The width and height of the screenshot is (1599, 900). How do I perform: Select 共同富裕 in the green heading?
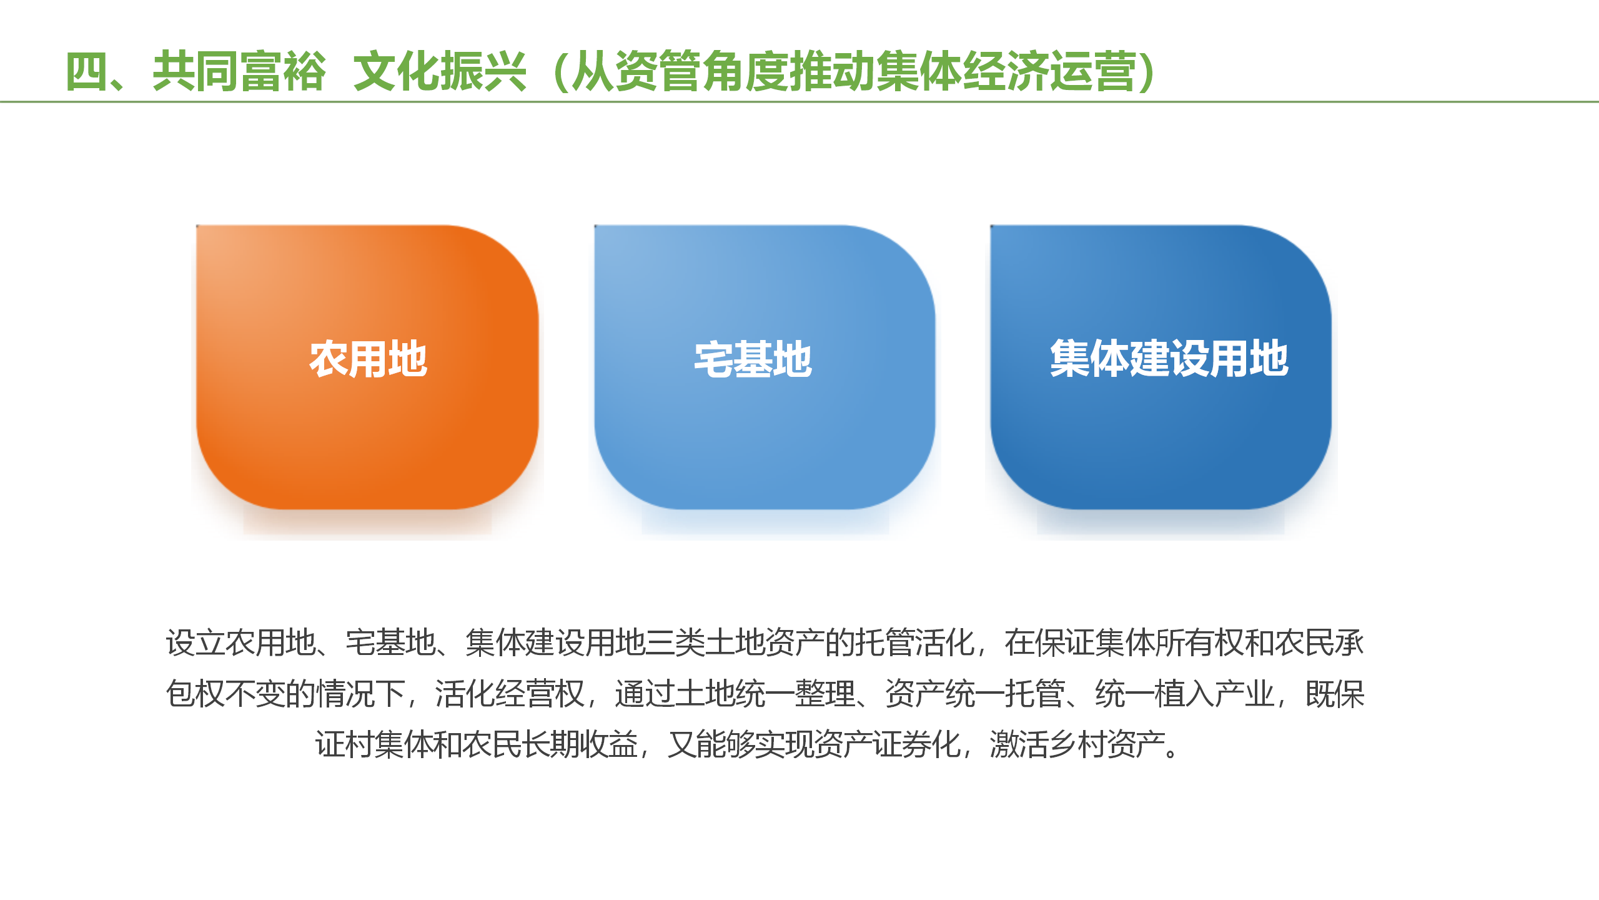[x=239, y=71]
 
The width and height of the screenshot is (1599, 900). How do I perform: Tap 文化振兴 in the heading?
[x=440, y=71]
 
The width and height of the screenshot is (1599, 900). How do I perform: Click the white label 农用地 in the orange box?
[x=368, y=359]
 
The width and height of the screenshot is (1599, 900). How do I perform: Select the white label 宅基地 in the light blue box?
[x=753, y=359]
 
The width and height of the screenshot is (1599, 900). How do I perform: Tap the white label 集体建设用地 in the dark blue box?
[x=1169, y=359]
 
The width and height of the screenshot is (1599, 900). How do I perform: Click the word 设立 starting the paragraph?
[x=196, y=642]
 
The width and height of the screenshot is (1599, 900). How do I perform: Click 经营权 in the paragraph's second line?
[x=540, y=694]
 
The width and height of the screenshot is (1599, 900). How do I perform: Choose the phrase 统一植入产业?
[x=1184, y=694]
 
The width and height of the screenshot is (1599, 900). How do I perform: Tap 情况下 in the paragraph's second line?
[x=361, y=694]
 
